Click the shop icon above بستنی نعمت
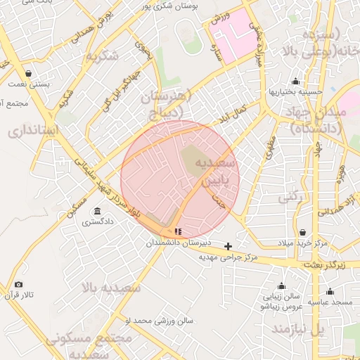(x=27, y=73)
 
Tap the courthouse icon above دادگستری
(x=96, y=212)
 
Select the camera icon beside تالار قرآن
(x=18, y=284)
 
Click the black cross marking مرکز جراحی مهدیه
(x=228, y=246)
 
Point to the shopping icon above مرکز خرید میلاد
(x=302, y=233)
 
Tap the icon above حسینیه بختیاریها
(x=295, y=81)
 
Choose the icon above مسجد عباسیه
(x=330, y=291)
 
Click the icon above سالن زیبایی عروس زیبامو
(x=281, y=286)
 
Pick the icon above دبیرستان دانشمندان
(x=178, y=231)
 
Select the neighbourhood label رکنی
(x=291, y=198)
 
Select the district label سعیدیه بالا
(x=112, y=288)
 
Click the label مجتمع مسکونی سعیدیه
(x=89, y=345)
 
